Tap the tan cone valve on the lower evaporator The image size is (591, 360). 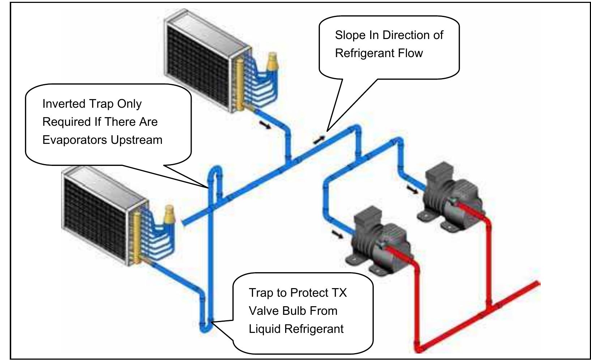coord(169,214)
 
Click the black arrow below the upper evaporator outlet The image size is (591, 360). coord(264,124)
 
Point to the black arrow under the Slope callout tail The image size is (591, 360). coord(318,140)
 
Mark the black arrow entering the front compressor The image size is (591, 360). coord(338,235)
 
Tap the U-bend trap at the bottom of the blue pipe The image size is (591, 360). coord(206,327)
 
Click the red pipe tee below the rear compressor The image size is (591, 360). coord(489,307)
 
